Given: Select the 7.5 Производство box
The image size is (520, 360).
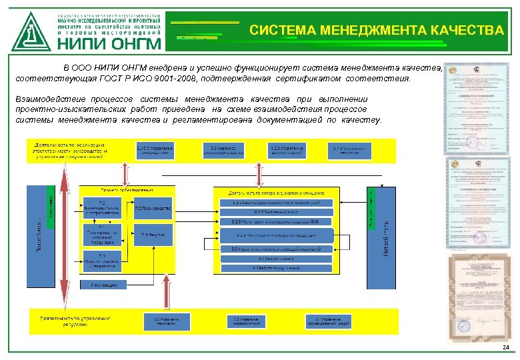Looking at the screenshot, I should tap(153, 208).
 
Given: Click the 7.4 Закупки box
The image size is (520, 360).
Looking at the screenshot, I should tap(153, 235).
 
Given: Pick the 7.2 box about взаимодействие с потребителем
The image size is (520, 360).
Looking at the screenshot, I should tap(101, 208).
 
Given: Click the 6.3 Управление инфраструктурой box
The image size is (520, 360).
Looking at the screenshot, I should tap(246, 320).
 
